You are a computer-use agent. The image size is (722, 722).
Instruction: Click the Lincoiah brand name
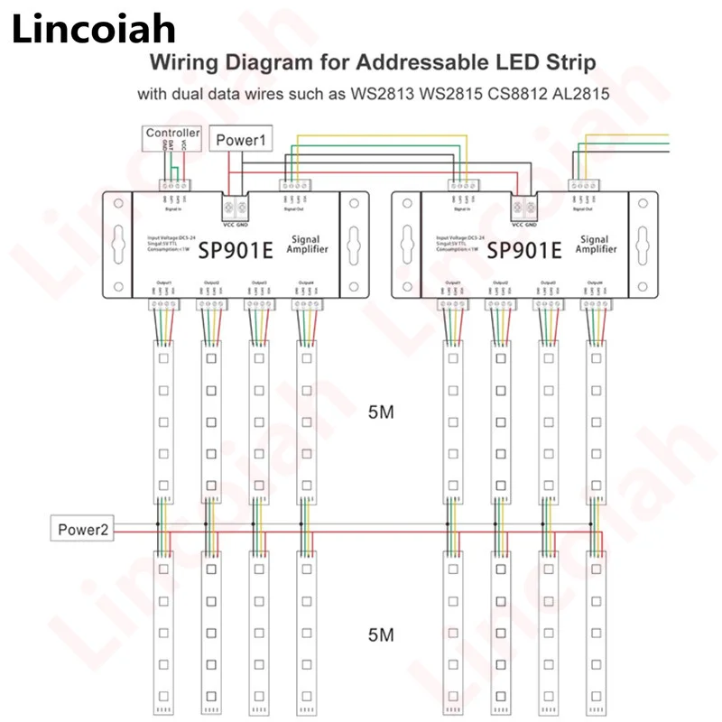click(x=94, y=31)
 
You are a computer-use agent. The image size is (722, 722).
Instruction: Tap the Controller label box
click(x=173, y=134)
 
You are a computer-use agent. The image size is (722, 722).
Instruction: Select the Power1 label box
click(x=240, y=140)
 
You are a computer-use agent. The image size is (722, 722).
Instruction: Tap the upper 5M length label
click(x=382, y=413)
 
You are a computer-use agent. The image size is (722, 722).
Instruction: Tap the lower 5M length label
click(x=382, y=634)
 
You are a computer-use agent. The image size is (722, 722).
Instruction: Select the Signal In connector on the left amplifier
click(x=174, y=184)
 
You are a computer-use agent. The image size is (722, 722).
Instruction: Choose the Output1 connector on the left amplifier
click(x=163, y=304)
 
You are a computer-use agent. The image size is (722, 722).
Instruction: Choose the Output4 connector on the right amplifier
click(x=597, y=304)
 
